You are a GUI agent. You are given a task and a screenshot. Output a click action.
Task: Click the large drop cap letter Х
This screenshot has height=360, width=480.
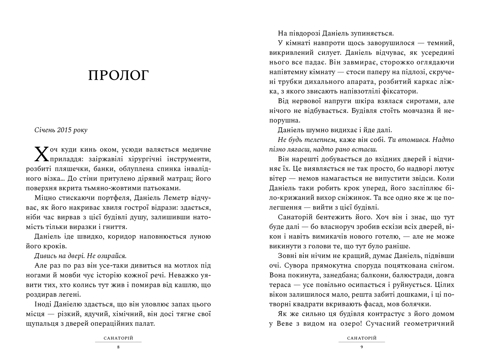pos(41,153)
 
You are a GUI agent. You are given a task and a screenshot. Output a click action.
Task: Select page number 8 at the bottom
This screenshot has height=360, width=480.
pos(118,347)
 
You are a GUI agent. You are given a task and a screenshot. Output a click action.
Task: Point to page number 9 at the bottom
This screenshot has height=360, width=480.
pos(362,347)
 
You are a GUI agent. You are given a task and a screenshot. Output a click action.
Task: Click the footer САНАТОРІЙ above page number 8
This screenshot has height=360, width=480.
pos(118,338)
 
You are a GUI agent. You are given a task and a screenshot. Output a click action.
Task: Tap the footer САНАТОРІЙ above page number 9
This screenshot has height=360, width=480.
pos(362,338)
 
